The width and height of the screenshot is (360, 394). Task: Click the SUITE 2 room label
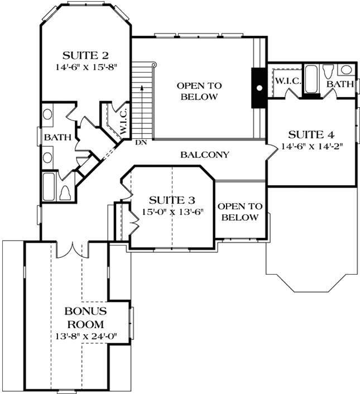[85, 55]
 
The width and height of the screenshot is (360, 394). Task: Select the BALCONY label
[204, 155]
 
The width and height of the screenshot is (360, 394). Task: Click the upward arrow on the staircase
[143, 89]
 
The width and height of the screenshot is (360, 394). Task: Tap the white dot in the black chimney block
[259, 88]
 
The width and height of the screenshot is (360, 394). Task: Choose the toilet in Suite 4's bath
[328, 71]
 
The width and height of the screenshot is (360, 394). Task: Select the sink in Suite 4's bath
[347, 70]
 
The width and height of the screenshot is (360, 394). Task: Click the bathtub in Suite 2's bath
[49, 188]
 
